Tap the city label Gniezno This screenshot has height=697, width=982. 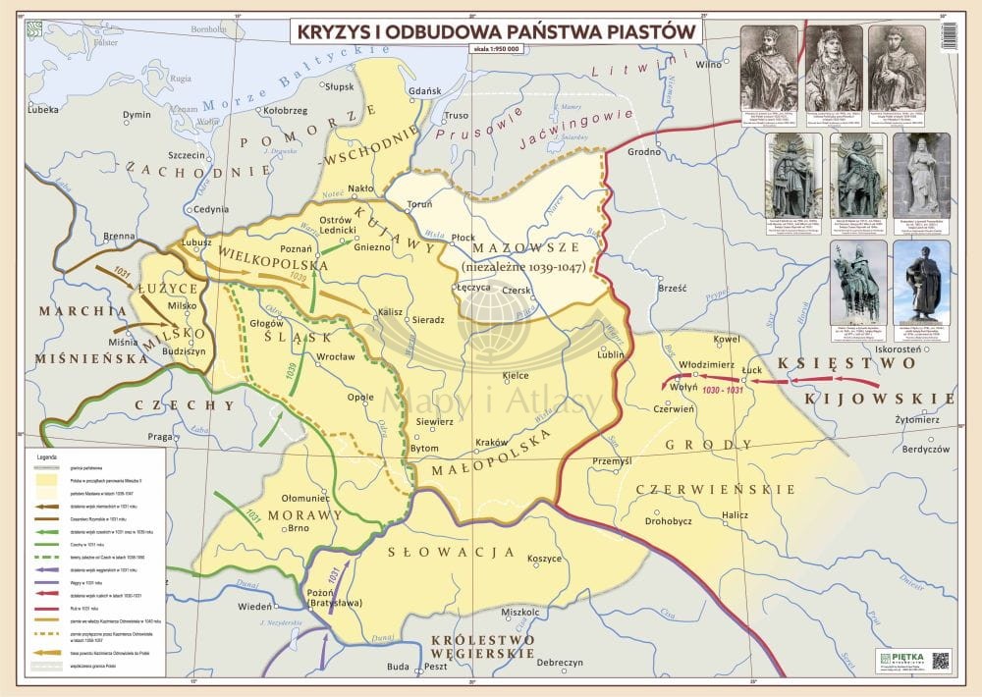pyautogui.click(x=372, y=247)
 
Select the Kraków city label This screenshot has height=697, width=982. pyautogui.click(x=489, y=443)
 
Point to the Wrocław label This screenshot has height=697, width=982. pyautogui.click(x=335, y=356)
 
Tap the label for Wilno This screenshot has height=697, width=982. pyautogui.click(x=708, y=65)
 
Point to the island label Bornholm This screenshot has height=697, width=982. pyautogui.click(x=207, y=29)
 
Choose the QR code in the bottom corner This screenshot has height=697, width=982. pyautogui.click(x=941, y=660)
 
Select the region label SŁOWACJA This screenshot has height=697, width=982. pyautogui.click(x=453, y=551)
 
